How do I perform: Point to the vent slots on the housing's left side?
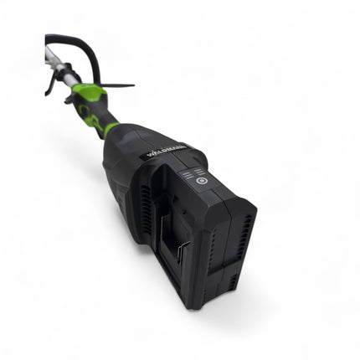146,204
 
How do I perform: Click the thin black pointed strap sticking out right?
117,85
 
